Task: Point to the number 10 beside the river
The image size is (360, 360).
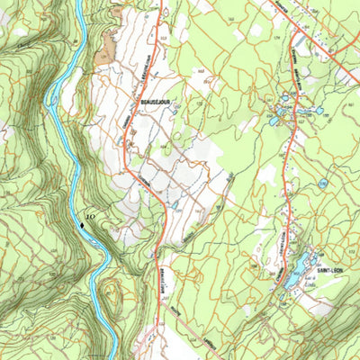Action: pyautogui.click(x=92, y=216)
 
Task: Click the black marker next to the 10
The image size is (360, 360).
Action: pyautogui.click(x=83, y=222)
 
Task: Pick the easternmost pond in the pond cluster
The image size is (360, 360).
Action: pyautogui.click(x=319, y=110)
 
